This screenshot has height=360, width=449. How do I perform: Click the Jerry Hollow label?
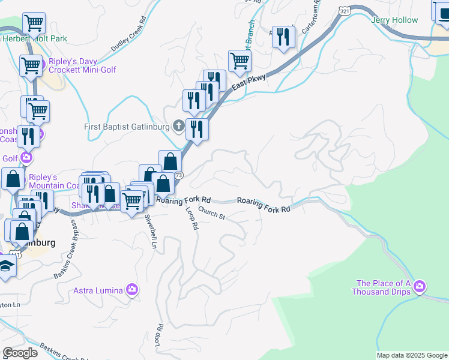(394, 20)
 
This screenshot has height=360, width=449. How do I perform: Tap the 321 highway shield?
(344, 11)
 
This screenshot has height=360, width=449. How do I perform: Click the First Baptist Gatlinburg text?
(126, 127)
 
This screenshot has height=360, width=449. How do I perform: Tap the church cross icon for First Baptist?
(178, 126)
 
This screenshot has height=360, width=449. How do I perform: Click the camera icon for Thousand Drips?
(420, 287)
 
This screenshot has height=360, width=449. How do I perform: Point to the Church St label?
(211, 213)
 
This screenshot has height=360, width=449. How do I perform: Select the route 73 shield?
(179, 175)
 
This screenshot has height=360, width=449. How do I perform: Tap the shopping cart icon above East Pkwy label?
(240, 60)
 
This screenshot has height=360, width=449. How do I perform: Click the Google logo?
(19, 353)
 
